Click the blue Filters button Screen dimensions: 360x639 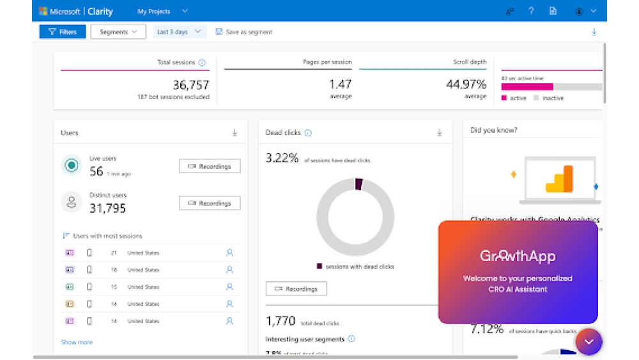(63, 32)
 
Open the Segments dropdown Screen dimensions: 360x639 (118, 32)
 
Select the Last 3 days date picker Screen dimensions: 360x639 (180, 32)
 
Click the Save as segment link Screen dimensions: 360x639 (244, 32)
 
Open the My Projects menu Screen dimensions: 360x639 (162, 11)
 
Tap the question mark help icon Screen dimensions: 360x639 (531, 11)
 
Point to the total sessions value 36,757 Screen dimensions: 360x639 (190, 84)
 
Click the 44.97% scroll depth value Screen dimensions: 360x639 (466, 84)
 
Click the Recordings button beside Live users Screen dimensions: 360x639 (210, 166)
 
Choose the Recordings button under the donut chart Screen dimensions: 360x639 (296, 289)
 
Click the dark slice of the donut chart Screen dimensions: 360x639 (358, 184)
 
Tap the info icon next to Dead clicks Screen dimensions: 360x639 (308, 133)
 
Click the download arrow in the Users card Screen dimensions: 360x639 (235, 132)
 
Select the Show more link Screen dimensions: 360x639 (77, 342)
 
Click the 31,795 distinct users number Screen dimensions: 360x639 (107, 208)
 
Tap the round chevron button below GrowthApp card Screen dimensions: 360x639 (589, 341)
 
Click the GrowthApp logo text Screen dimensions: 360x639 (518, 256)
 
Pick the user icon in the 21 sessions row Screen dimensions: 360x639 (229, 253)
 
